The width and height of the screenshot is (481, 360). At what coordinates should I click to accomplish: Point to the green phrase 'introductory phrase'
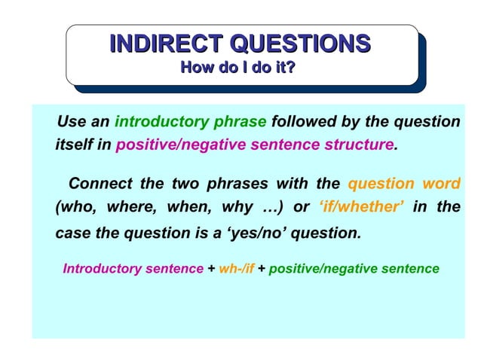coord(190,122)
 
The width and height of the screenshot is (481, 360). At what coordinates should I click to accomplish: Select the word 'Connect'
coord(99,184)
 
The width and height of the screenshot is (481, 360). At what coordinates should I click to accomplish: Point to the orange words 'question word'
coord(404,184)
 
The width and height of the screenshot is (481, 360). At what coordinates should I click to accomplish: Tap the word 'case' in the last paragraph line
coord(72,233)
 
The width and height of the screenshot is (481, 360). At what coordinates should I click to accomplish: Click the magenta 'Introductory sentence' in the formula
coord(133,268)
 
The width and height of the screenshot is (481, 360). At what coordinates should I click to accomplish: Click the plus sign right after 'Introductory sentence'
coord(211,268)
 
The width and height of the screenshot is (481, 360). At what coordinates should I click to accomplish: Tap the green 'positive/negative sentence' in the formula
coord(354,268)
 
